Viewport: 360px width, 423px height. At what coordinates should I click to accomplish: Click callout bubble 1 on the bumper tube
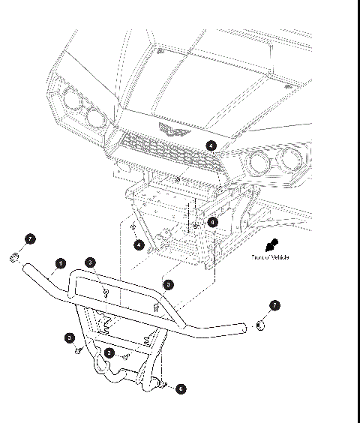[60, 264]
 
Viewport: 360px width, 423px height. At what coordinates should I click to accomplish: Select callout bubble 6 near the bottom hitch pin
[180, 389]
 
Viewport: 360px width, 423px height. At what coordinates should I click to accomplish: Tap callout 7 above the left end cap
[30, 238]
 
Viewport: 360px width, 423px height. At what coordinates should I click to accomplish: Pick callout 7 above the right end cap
[274, 305]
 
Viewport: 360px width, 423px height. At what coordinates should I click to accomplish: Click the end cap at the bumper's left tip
[15, 259]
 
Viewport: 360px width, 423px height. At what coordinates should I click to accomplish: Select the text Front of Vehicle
[270, 258]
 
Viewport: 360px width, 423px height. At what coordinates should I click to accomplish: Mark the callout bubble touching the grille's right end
[211, 145]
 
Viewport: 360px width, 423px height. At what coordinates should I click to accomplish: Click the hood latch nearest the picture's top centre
[159, 52]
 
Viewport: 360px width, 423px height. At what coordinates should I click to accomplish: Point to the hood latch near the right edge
[288, 87]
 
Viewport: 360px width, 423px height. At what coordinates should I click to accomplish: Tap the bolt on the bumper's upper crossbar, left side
[106, 292]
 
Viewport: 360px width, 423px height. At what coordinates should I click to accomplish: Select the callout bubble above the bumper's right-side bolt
[169, 285]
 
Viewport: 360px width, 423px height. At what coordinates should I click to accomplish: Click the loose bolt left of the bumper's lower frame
[77, 350]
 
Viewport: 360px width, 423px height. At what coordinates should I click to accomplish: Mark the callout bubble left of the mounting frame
[139, 244]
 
